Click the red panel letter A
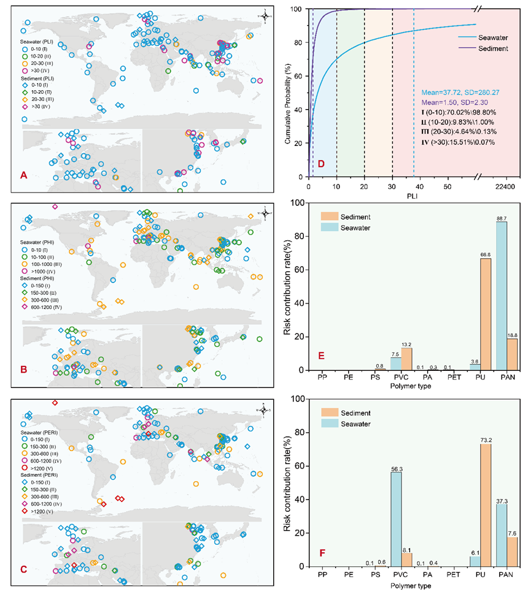pyautogui.click(x=24, y=175)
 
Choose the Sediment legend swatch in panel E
pyautogui.click(x=330, y=216)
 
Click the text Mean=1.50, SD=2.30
pyautogui.click(x=440, y=102)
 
